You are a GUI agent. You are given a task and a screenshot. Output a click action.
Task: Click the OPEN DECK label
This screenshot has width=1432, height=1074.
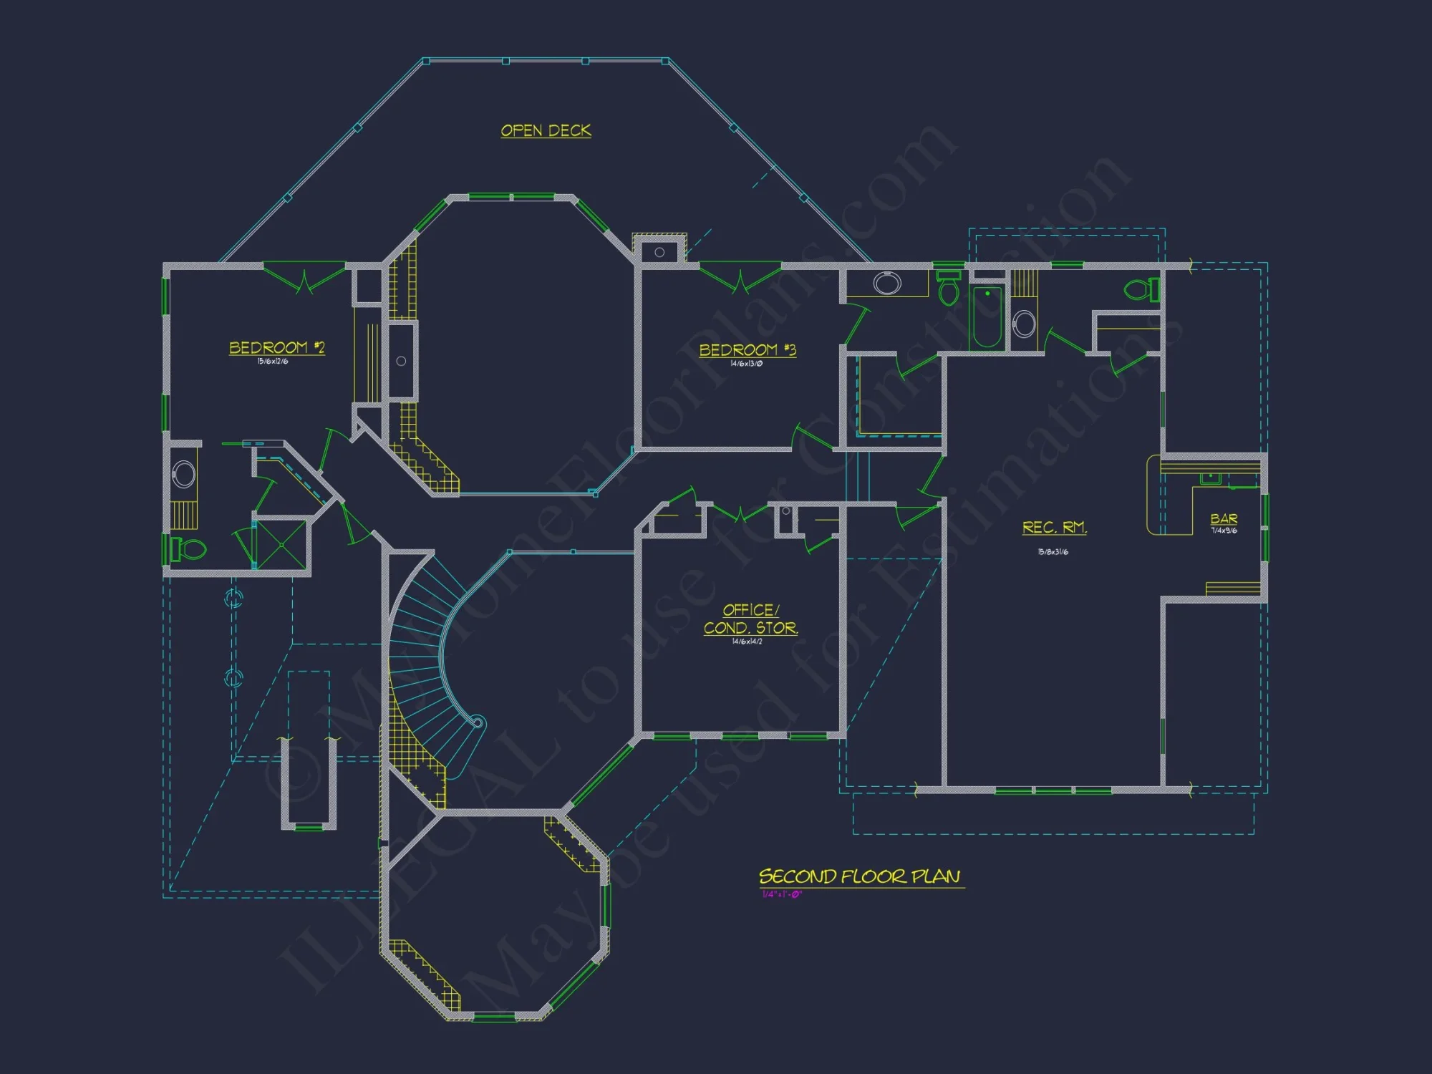[546, 130]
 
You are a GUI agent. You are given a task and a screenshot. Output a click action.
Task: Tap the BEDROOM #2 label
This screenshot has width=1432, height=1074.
[276, 347]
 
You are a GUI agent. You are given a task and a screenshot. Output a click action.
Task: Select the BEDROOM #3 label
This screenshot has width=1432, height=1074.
[747, 349]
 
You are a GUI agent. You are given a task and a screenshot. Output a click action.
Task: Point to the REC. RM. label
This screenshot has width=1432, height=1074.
[1054, 527]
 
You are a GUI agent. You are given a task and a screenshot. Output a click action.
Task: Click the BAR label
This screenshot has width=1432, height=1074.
[1224, 518]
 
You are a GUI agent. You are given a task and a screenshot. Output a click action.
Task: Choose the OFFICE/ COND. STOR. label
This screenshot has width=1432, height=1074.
[750, 619]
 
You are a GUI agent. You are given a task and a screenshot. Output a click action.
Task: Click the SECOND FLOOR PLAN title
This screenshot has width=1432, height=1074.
[859, 876]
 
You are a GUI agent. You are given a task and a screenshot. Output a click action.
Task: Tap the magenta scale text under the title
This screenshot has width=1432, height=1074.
[781, 894]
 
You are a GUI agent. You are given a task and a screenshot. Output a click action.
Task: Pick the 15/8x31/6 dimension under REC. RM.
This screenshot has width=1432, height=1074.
[1053, 552]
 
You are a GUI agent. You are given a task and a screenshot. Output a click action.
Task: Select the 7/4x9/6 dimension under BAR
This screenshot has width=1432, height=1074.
[1224, 531]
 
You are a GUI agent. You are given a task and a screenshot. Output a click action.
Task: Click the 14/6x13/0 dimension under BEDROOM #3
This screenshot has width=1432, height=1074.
[746, 364]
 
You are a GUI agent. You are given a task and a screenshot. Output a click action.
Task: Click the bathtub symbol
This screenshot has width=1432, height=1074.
[987, 316]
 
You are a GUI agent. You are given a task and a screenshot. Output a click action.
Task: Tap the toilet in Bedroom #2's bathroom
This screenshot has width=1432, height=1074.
[188, 549]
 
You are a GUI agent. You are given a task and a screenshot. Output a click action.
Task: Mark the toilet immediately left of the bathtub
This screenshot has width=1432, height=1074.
[948, 289]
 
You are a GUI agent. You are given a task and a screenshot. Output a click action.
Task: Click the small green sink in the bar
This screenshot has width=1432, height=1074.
[1210, 478]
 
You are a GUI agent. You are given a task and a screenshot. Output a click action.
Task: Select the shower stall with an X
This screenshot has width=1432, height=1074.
[281, 545]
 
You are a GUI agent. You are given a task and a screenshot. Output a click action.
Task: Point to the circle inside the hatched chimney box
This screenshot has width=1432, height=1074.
[659, 252]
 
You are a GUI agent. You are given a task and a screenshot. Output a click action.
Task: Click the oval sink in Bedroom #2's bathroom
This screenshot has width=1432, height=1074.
[184, 474]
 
